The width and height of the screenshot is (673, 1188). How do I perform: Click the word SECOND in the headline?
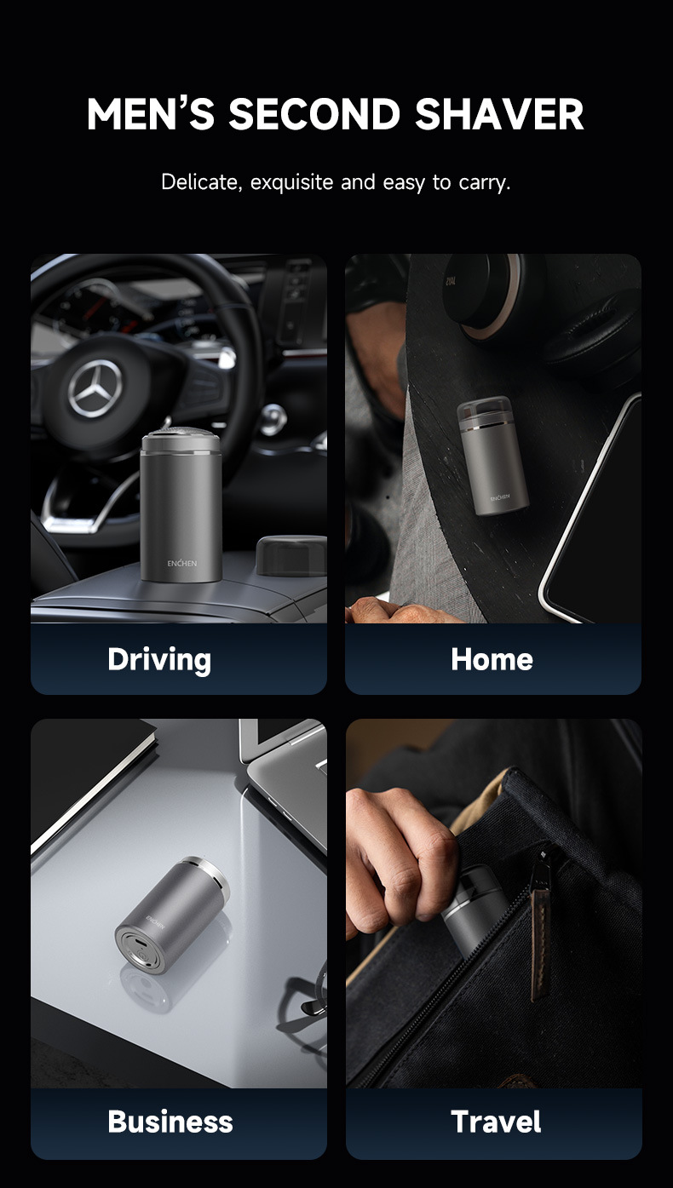tap(314, 115)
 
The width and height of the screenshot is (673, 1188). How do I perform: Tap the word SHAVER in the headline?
tap(499, 115)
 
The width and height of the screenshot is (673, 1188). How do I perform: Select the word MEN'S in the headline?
tap(151, 115)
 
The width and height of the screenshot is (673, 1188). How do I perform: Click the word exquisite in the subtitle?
tap(291, 182)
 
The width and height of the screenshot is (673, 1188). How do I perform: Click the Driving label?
tap(159, 660)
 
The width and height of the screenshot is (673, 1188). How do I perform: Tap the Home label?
tap(492, 659)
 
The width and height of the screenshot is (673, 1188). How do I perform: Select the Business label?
tap(170, 1122)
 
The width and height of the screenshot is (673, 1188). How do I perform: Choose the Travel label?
tap(497, 1122)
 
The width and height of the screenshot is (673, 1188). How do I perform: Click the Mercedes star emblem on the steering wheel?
tap(95, 388)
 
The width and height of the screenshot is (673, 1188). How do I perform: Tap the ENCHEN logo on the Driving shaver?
tap(182, 563)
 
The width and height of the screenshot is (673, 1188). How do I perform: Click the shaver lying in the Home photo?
tap(492, 455)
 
